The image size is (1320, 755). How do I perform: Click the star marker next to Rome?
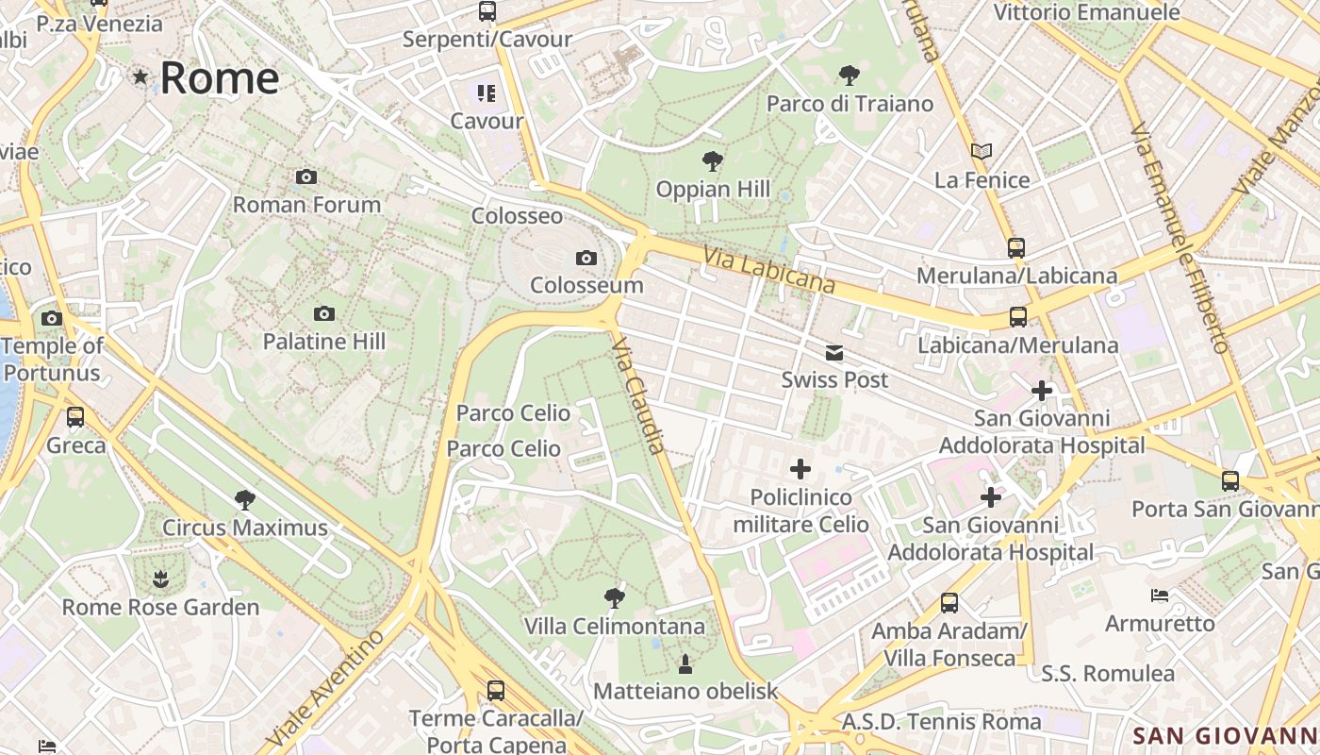pyautogui.click(x=140, y=76)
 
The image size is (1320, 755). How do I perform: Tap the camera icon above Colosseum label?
pyautogui.click(x=586, y=258)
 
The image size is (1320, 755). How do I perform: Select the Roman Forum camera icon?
pyautogui.click(x=305, y=176)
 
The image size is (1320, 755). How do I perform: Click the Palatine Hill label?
pyautogui.click(x=323, y=342)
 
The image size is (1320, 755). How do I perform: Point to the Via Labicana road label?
pyautogui.click(x=769, y=269)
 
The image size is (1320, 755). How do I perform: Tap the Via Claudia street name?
pyautogui.click(x=639, y=396)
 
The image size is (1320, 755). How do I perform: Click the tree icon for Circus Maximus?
pyautogui.click(x=245, y=499)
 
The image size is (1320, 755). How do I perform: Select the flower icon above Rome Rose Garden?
pyautogui.click(x=160, y=577)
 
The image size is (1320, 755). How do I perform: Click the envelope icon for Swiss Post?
pyautogui.click(x=834, y=353)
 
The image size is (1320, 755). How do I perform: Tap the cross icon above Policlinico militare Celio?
pyautogui.click(x=800, y=468)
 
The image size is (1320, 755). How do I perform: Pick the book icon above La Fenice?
pyautogui.click(x=982, y=151)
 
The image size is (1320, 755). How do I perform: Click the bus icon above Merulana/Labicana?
pyautogui.click(x=1016, y=248)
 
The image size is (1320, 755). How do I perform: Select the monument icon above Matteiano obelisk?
pyautogui.click(x=685, y=664)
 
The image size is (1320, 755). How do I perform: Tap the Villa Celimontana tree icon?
pyautogui.click(x=614, y=597)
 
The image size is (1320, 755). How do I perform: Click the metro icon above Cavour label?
pyautogui.click(x=487, y=92)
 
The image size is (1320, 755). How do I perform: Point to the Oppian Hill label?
pyautogui.click(x=713, y=189)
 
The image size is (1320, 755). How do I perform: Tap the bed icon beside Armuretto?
pyautogui.click(x=1160, y=595)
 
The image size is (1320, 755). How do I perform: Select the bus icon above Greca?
pyautogui.click(x=75, y=416)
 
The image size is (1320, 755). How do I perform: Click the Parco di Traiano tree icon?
pyautogui.click(x=850, y=75)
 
